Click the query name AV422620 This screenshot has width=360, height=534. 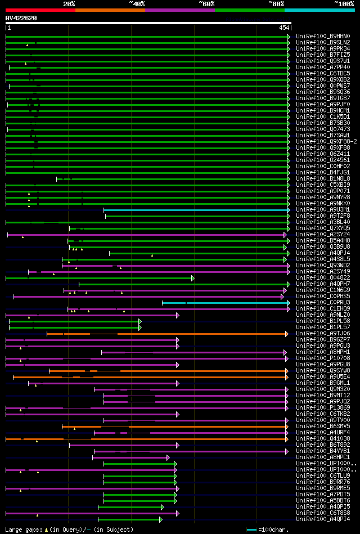click(x=21, y=18)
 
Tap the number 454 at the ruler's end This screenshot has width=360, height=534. click(x=284, y=28)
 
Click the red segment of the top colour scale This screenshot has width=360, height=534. click(x=40, y=10)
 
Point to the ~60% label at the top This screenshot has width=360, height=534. click(x=206, y=3)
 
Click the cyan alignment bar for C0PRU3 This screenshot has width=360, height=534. click(x=225, y=303)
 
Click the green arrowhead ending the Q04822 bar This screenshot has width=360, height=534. click(x=192, y=278)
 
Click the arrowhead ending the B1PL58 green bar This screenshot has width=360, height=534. click(x=139, y=321)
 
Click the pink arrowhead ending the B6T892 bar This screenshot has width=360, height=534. click(x=177, y=445)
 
